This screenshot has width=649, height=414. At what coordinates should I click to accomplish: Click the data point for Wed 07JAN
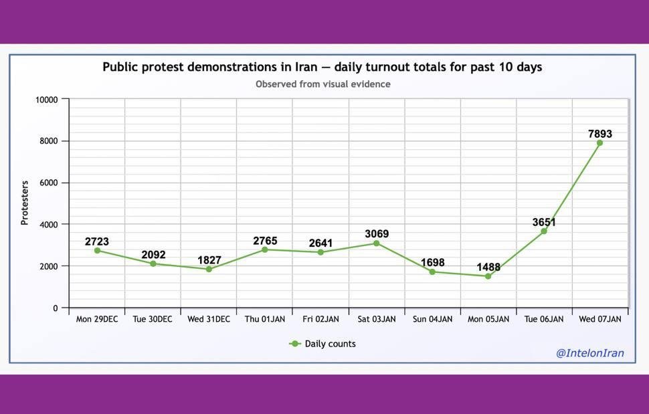pyautogui.click(x=599, y=143)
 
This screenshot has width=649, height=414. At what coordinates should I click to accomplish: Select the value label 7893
pyautogui.click(x=599, y=134)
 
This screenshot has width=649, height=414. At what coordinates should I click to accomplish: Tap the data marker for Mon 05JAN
pyautogui.click(x=488, y=276)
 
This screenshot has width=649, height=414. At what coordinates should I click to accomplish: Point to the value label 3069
pyautogui.click(x=376, y=234)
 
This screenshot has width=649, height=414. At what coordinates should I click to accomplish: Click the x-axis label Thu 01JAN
pyautogui.click(x=264, y=320)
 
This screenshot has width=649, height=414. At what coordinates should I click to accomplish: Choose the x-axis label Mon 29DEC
pyautogui.click(x=97, y=320)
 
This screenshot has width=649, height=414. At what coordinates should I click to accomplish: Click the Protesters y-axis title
pyautogui.click(x=25, y=203)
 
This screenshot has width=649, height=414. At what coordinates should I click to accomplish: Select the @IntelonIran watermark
pyautogui.click(x=589, y=353)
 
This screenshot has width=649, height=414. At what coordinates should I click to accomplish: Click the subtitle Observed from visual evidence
pyautogui.click(x=323, y=84)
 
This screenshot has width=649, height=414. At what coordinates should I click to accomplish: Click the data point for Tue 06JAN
pyautogui.click(x=544, y=231)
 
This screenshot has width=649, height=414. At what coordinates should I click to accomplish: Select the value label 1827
pyautogui.click(x=209, y=260)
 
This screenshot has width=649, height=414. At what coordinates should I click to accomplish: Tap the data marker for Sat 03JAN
pyautogui.click(x=376, y=243)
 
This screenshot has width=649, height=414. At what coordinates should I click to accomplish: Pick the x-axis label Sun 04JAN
pyautogui.click(x=432, y=320)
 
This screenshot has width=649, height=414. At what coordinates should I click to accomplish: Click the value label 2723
pyautogui.click(x=97, y=241)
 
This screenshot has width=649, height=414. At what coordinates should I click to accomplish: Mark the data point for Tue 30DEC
pyautogui.click(x=153, y=264)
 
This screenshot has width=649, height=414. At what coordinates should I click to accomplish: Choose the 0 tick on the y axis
pyautogui.click(x=57, y=308)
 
